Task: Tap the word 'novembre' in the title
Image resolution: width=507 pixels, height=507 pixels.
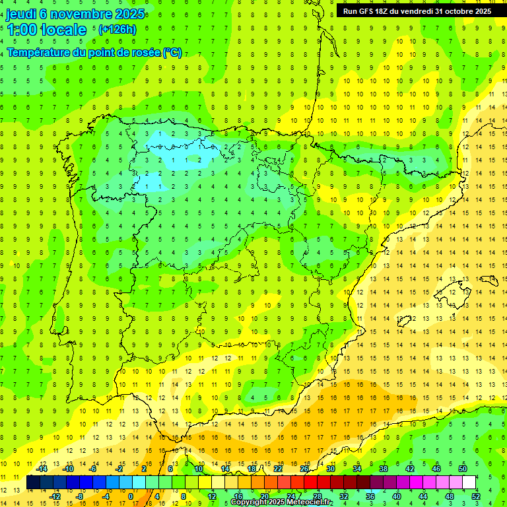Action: click(81, 13)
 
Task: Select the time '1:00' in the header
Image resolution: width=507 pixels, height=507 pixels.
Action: click(22, 30)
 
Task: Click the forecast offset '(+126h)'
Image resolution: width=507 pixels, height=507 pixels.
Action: click(118, 30)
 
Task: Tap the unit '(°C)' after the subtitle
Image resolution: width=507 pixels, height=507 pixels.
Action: click(172, 52)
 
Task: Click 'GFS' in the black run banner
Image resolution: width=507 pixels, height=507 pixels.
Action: click(366, 11)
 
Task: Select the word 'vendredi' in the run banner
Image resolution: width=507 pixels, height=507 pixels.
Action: click(415, 11)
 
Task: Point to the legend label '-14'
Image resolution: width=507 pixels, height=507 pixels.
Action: click(42, 469)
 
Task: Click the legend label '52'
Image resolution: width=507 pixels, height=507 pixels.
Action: click(476, 496)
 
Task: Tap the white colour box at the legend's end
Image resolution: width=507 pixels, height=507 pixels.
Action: click(469, 483)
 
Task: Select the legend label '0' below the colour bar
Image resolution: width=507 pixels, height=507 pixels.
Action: click(131, 496)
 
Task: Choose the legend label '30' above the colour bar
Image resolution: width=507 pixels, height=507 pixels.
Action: click(330, 469)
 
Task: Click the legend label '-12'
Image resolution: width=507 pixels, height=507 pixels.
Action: click(55, 496)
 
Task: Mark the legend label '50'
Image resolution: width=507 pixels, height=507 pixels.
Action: click(463, 469)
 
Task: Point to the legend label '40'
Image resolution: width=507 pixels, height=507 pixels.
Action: click(396, 496)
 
